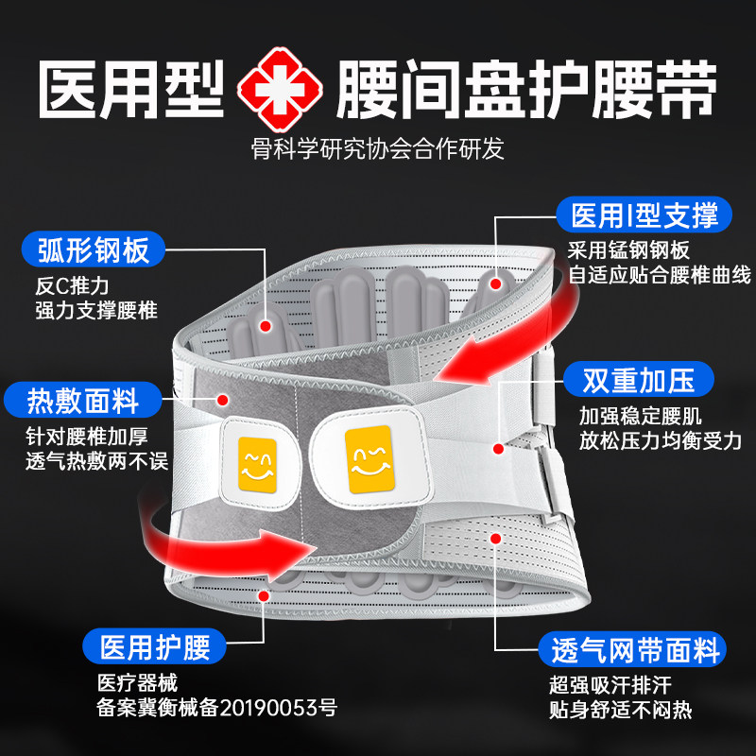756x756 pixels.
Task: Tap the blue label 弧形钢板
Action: point(94,250)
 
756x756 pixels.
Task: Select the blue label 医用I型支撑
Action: point(644,215)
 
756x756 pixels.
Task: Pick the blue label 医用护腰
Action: point(153,648)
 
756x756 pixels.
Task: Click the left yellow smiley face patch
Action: point(255,463)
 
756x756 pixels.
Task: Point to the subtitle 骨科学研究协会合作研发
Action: point(378,149)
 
